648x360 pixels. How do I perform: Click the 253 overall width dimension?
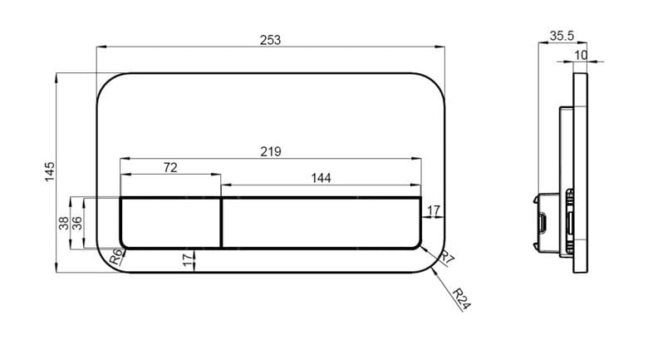click(x=270, y=40)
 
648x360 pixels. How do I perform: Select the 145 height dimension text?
click(x=50, y=172)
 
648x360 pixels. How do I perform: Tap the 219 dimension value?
click(x=271, y=152)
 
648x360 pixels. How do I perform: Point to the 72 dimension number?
click(x=170, y=168)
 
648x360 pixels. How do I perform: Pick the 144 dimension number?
click(x=322, y=178)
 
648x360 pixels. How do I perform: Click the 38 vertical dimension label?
click(x=64, y=224)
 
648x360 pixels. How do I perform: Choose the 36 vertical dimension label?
click(x=77, y=224)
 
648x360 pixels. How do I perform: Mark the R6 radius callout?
click(x=116, y=257)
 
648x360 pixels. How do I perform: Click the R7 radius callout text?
click(x=446, y=258)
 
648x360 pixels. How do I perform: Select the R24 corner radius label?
click(x=461, y=298)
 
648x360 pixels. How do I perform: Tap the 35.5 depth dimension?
click(x=562, y=36)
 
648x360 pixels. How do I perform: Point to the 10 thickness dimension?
click(x=581, y=55)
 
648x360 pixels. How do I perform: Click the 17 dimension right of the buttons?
click(x=434, y=210)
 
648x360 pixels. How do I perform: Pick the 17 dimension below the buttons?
click(x=188, y=260)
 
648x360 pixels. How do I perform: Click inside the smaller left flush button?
click(x=170, y=223)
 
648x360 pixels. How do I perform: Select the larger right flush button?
click(x=322, y=223)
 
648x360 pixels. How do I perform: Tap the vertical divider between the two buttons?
click(x=222, y=223)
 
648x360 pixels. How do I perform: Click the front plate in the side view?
click(x=580, y=173)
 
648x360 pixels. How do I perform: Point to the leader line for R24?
click(x=447, y=289)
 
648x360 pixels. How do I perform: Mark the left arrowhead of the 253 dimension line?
click(x=99, y=47)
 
